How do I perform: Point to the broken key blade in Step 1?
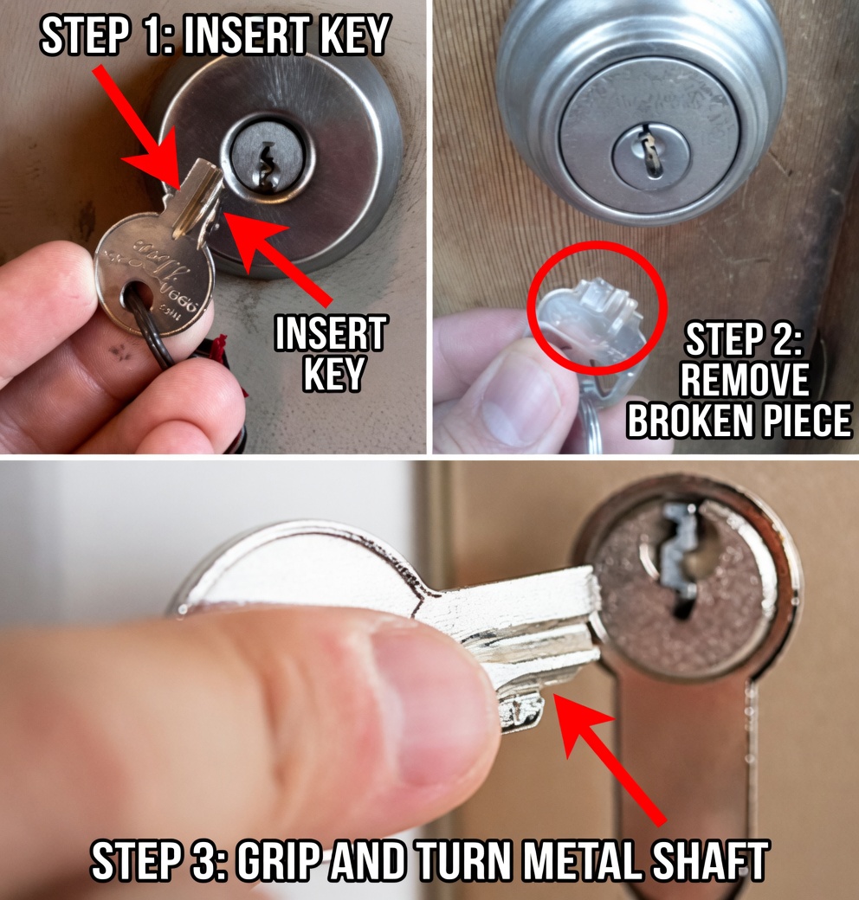click(x=197, y=198)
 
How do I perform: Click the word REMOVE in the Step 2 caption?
click(x=744, y=380)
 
